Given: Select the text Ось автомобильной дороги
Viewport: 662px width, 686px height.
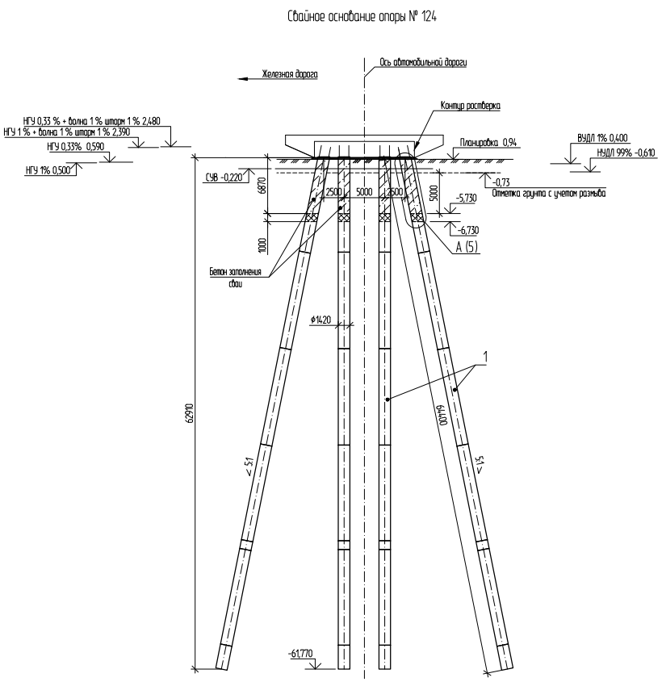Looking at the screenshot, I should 422,62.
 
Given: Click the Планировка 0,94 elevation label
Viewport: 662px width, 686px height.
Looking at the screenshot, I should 488,142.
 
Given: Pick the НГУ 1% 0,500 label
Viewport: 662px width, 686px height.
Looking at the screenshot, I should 54,169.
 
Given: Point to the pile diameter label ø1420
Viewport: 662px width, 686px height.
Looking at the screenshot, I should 321,320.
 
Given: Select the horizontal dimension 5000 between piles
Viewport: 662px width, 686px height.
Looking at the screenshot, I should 363,194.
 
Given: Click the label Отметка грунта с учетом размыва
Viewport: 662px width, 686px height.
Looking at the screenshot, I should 547,194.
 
